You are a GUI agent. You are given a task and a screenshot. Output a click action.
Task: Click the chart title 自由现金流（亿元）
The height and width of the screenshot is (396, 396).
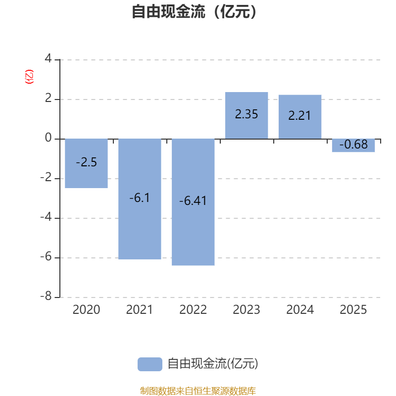click(x=194, y=11)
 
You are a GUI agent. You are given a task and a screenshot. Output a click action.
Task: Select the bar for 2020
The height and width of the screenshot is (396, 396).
click(x=86, y=163)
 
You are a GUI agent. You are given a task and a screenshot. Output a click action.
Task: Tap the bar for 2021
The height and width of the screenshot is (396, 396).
click(x=140, y=199)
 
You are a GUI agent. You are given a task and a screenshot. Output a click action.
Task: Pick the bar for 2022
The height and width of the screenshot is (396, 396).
click(x=193, y=202)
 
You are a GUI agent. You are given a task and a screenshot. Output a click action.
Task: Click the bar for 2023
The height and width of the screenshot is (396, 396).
click(x=247, y=115)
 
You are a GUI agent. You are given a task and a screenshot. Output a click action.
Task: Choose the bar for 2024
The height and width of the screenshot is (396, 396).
click(x=300, y=117)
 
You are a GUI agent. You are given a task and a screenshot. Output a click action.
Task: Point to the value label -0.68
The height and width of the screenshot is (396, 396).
click(x=353, y=145)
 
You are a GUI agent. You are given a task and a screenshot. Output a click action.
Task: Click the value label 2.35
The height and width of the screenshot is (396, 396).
click(x=247, y=114)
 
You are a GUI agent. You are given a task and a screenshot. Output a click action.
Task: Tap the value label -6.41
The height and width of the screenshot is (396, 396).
click(x=193, y=201)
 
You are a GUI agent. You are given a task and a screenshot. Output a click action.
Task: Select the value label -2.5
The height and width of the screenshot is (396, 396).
click(x=86, y=162)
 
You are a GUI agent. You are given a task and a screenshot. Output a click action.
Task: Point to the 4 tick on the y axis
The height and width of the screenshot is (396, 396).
click(x=48, y=58)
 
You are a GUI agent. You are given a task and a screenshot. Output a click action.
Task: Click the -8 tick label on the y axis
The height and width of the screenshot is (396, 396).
click(x=46, y=296)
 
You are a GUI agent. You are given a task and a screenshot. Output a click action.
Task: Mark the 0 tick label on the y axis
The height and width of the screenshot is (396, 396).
click(x=48, y=138)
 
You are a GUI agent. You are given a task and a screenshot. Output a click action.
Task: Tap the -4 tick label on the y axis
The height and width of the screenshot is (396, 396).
click(x=46, y=217)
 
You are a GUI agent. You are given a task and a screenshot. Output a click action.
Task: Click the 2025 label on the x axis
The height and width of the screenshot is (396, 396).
click(x=353, y=310)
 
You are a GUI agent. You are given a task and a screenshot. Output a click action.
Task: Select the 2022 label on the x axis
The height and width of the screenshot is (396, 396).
click(x=193, y=310)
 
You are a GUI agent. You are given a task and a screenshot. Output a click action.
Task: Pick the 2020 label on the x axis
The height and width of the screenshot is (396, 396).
click(x=86, y=310)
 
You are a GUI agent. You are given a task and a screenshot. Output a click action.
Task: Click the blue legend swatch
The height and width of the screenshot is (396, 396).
click(x=150, y=364)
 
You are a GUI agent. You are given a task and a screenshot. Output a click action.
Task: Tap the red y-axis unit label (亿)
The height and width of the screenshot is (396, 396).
click(x=29, y=77)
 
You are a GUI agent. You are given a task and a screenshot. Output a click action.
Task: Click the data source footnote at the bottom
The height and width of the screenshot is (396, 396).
click(x=198, y=391)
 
